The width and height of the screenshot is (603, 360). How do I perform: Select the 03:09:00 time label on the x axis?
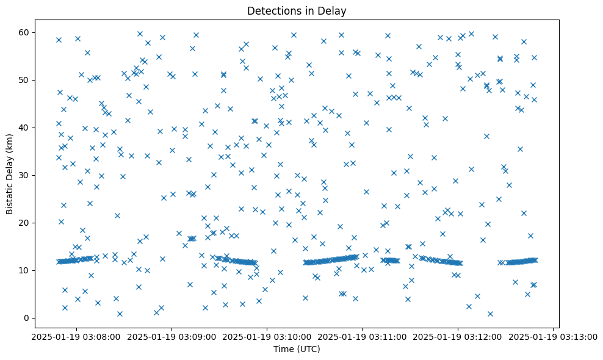172,336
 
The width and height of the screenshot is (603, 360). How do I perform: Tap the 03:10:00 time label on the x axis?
267,336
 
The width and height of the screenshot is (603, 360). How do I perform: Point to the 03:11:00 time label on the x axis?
363,336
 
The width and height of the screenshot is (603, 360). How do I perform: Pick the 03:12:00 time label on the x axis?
458,336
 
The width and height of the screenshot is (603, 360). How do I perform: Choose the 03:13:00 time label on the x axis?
553,336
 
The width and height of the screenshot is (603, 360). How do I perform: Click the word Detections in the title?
272,10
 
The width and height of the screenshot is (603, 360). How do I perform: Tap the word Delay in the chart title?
333,10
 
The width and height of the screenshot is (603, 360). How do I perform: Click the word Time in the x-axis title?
282,349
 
